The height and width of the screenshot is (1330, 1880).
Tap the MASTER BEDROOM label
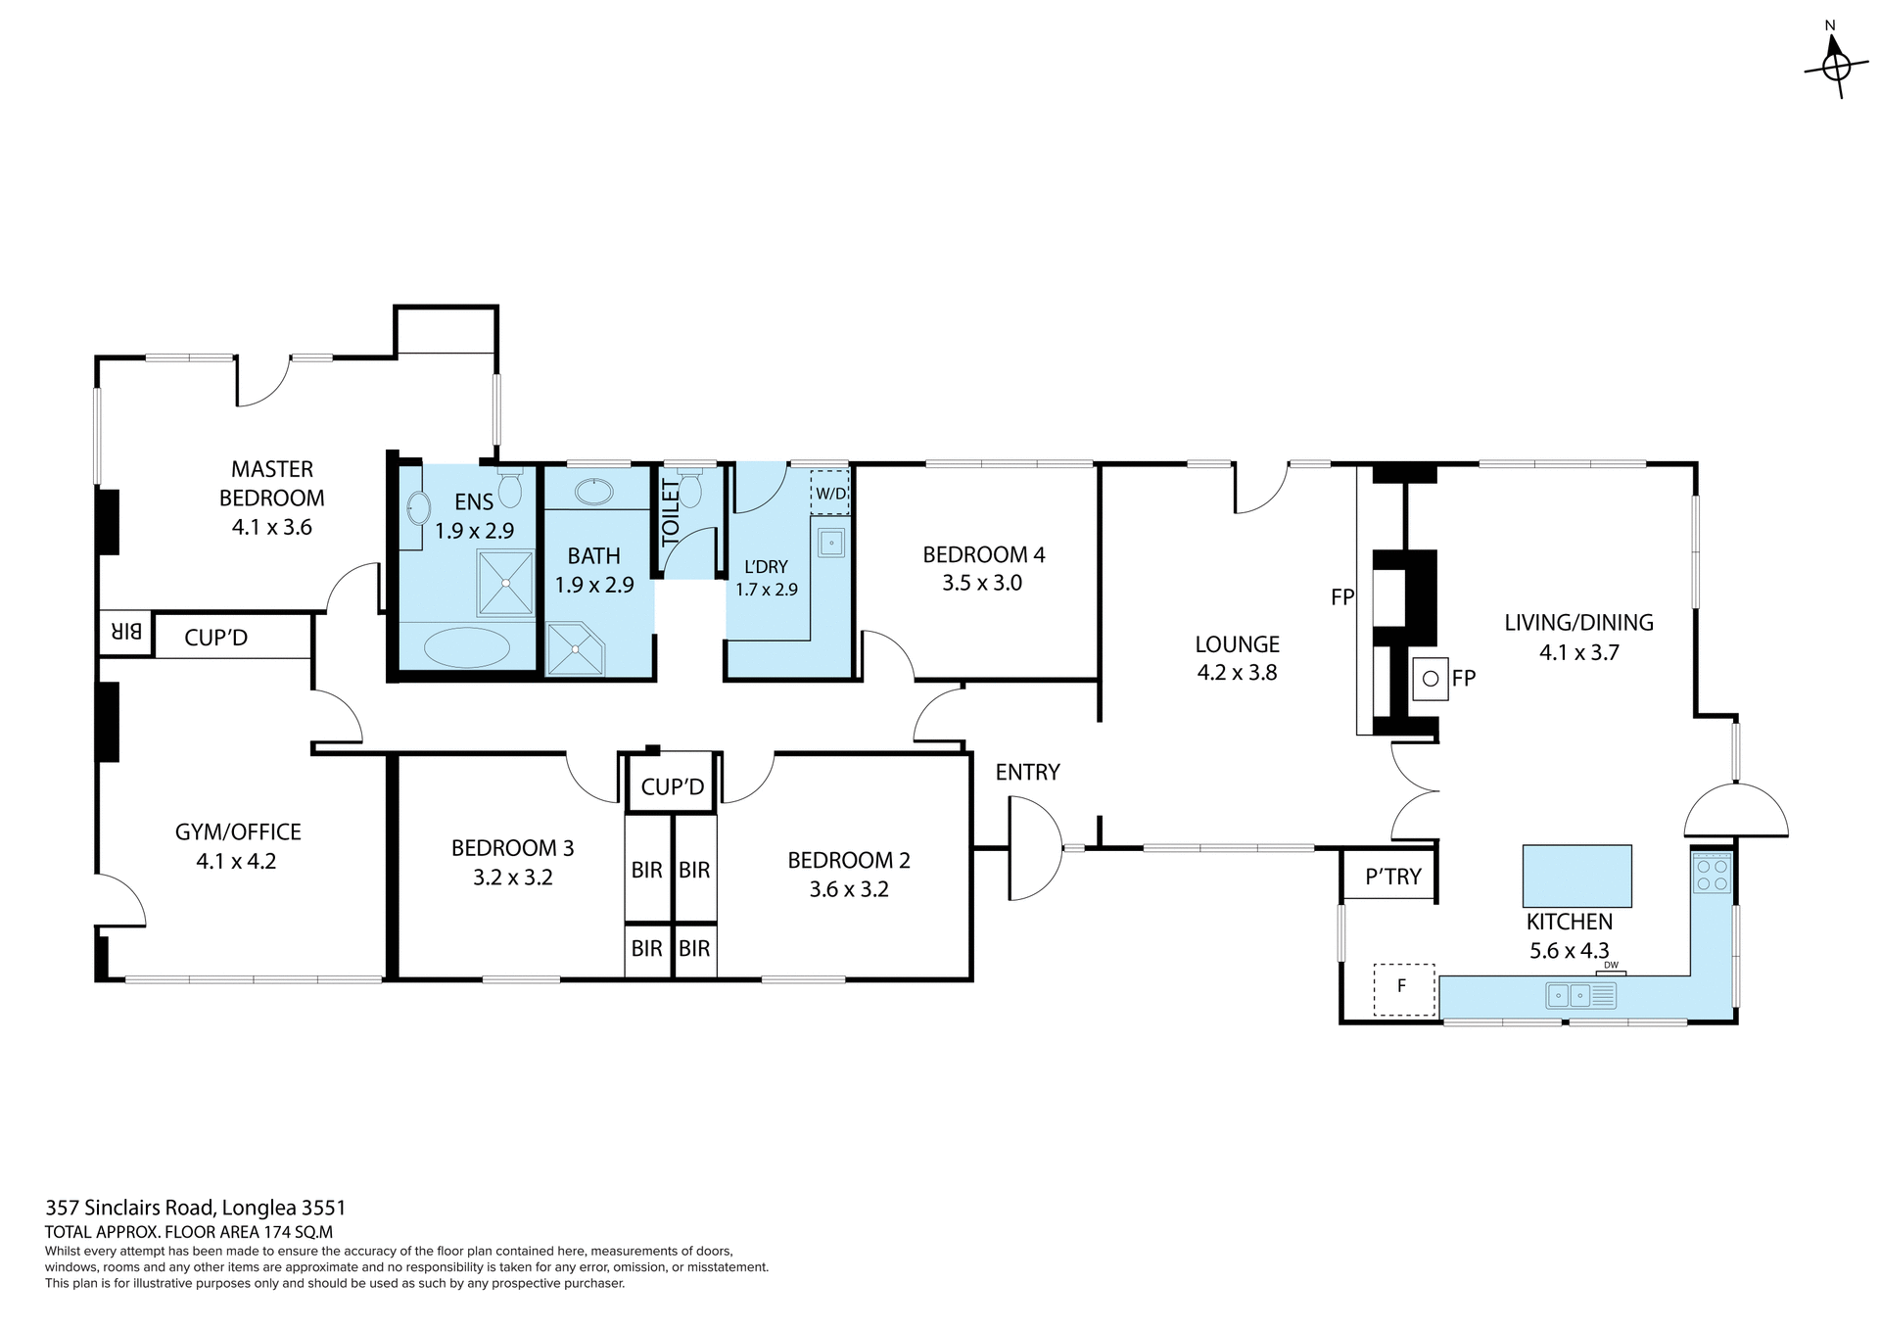point(271,484)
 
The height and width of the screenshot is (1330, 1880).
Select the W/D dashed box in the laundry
point(830,494)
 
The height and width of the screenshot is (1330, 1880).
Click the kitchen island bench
point(1576,876)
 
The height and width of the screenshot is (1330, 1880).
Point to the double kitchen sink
point(1570,996)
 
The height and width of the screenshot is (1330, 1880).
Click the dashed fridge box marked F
point(1403,989)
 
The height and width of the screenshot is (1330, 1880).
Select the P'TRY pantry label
point(1392,877)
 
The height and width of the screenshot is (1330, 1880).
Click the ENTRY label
point(1027,773)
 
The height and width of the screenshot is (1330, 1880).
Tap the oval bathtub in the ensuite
point(466,647)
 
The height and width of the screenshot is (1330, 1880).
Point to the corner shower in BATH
point(574,648)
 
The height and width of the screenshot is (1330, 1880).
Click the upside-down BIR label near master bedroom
point(127,633)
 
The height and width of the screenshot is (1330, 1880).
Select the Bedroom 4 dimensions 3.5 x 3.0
point(982,584)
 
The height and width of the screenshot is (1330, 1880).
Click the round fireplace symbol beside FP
point(1430,678)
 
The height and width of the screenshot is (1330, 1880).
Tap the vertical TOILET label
point(671,512)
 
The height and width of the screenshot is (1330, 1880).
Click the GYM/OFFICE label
point(238,832)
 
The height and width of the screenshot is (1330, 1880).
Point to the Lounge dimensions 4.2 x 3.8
point(1237,673)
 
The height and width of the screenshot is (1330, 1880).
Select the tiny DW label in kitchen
point(1611,966)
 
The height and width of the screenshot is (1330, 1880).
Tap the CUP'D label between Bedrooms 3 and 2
point(673,786)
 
